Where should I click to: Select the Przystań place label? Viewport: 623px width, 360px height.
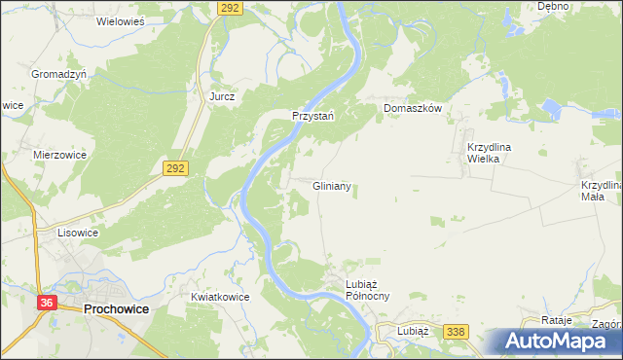pos(313,115)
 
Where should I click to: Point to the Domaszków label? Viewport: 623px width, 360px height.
pos(413,108)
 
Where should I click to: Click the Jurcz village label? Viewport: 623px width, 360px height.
pos(223,97)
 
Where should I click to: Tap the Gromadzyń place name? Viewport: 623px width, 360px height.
pos(58,74)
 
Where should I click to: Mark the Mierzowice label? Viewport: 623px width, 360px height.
pos(60,154)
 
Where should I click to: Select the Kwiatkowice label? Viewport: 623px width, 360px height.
pos(221,297)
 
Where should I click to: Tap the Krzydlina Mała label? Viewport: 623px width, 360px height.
pos(601,190)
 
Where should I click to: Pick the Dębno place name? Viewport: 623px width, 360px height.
pos(553,6)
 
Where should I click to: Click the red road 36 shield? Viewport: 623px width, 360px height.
pos(47,304)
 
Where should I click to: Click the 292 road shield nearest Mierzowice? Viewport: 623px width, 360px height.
pos(176,167)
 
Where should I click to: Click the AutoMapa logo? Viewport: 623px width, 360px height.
pos(557,341)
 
